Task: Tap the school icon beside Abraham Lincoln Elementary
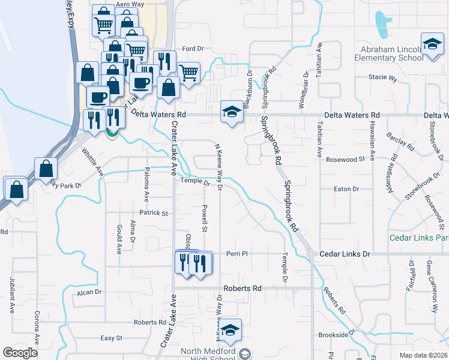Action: (x=432, y=46)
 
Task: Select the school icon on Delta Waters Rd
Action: (x=231, y=112)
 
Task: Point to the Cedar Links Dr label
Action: (x=346, y=254)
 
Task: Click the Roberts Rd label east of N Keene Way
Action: (x=242, y=289)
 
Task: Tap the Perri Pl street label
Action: (x=237, y=254)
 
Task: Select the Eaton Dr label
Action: (x=346, y=189)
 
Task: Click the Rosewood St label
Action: (x=345, y=160)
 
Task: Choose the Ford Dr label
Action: (x=193, y=49)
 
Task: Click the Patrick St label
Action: (x=154, y=213)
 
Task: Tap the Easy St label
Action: (x=112, y=338)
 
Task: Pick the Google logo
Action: (x=20, y=353)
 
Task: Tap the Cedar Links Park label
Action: (x=423, y=238)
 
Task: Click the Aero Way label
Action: (x=130, y=4)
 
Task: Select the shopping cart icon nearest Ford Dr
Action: (x=189, y=73)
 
